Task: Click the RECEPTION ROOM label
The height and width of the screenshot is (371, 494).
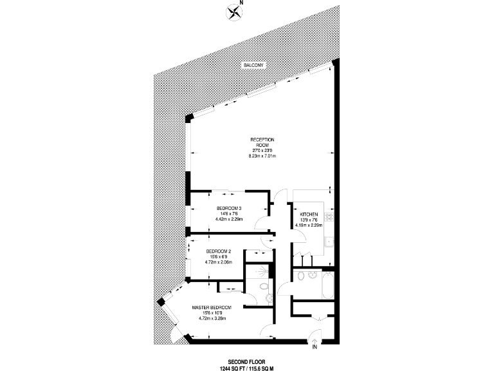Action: [x=262, y=142]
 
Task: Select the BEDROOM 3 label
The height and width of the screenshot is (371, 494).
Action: [x=229, y=208]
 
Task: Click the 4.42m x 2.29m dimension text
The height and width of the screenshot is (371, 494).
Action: [x=229, y=219]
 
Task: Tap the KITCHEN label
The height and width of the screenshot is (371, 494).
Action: [x=308, y=214]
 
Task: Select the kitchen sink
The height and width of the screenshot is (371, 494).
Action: [x=329, y=243]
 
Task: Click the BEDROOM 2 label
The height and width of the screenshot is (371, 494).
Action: [x=218, y=251]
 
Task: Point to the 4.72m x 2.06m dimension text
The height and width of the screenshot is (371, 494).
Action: [x=218, y=262]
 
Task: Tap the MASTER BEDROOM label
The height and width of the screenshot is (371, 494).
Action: [x=212, y=308]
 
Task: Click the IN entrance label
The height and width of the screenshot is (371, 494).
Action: [x=315, y=347]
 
